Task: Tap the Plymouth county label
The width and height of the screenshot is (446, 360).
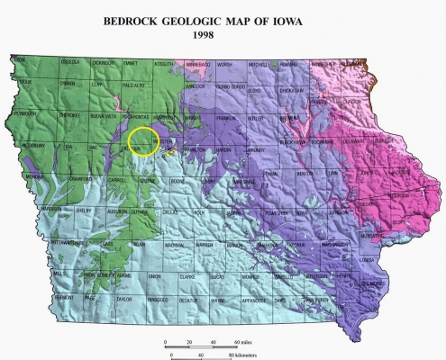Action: [26, 115]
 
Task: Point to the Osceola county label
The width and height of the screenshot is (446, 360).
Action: [69, 63]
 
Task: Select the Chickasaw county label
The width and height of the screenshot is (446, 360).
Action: [296, 90]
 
